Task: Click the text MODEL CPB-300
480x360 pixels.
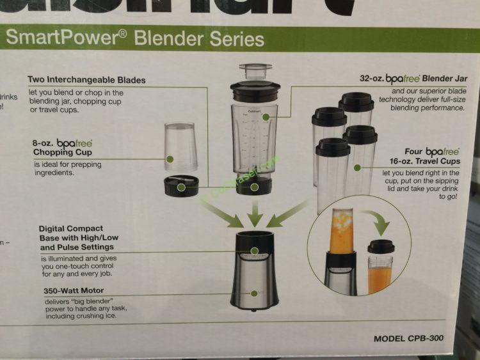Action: pyautogui.click(x=408, y=338)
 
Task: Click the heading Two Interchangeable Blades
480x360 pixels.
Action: pyautogui.click(x=86, y=80)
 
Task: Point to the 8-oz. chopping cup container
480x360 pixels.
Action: pyautogui.click(x=179, y=147)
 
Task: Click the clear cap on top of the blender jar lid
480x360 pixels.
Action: pyautogui.click(x=255, y=70)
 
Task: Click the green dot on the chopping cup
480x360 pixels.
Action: pyautogui.click(x=170, y=159)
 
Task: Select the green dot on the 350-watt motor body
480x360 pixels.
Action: pyautogui.click(x=255, y=293)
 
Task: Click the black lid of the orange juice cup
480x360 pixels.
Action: pyautogui.click(x=381, y=247)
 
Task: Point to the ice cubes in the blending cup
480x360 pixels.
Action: pyautogui.click(x=342, y=221)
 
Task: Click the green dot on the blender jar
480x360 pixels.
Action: pyautogui.click(x=255, y=187)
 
